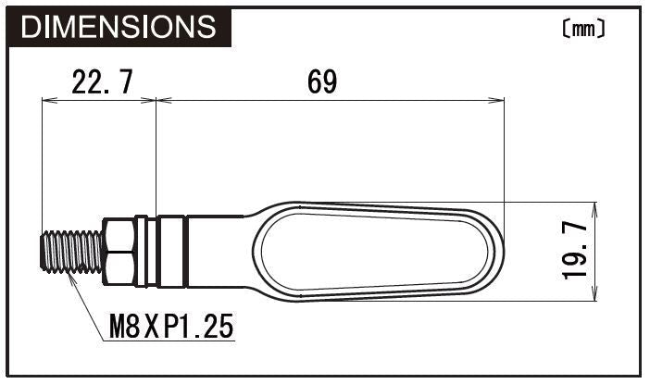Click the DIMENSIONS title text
click(x=118, y=27)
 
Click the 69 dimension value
click(x=322, y=83)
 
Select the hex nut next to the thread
click(x=119, y=252)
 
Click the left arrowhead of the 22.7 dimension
click(x=48, y=101)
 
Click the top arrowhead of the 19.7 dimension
click(x=594, y=207)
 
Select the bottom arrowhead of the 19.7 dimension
click(x=594, y=296)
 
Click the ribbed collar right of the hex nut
click(x=172, y=252)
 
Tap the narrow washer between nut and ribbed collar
click(x=142, y=252)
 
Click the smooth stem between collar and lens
click(x=218, y=252)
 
